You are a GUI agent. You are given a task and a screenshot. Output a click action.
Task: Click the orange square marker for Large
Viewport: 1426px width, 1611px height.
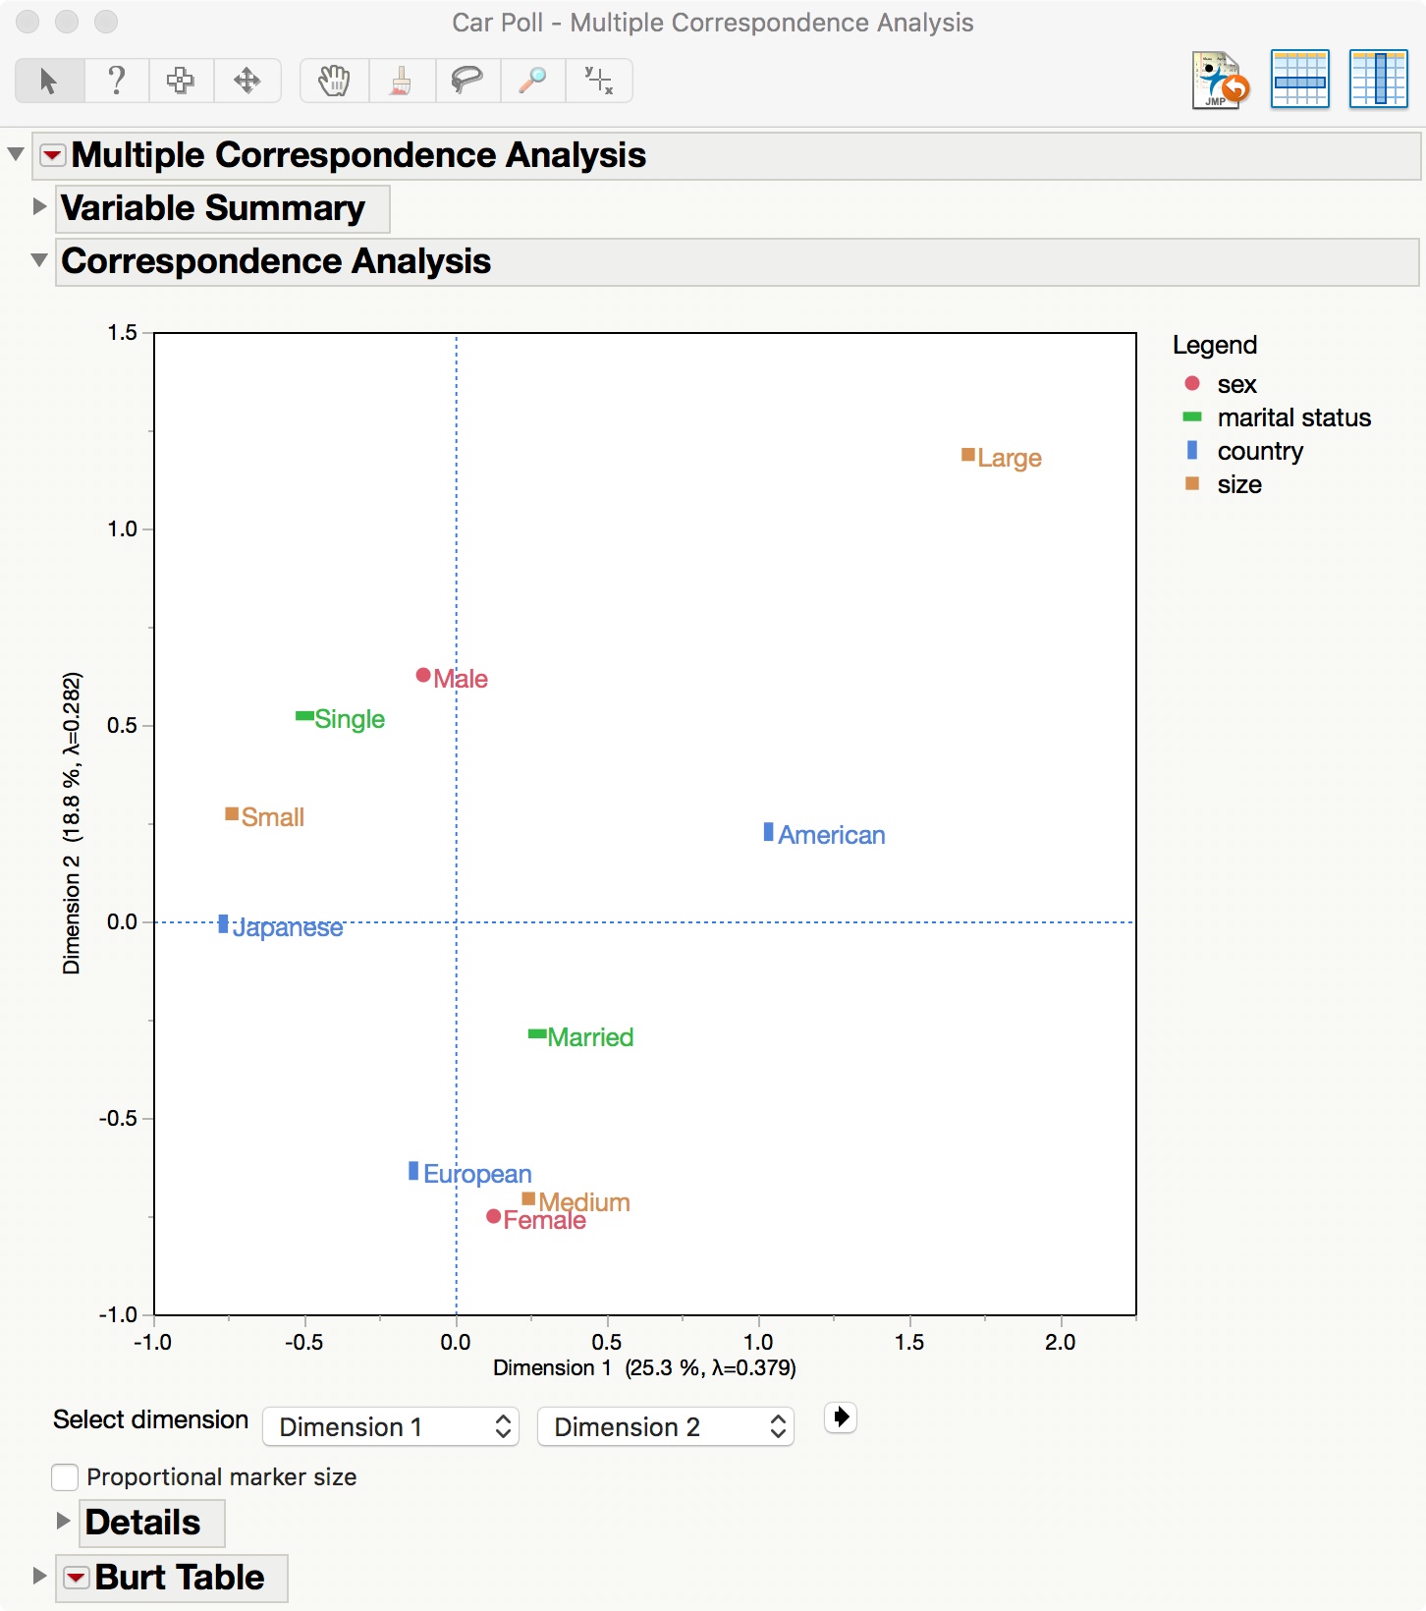point(967,455)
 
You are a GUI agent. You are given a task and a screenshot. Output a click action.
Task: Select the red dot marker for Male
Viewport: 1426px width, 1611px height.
point(423,675)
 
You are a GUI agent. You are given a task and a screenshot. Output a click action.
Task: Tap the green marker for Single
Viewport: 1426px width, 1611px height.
point(304,716)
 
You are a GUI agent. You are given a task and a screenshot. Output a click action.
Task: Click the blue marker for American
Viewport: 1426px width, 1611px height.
point(768,832)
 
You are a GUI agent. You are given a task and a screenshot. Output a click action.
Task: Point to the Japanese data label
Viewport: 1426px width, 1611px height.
point(288,928)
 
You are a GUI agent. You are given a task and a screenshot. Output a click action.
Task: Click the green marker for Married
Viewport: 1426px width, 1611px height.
point(537,1033)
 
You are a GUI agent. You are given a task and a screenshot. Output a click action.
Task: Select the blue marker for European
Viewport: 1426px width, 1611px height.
point(413,1171)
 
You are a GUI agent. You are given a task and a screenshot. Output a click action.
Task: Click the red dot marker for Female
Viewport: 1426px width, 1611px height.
point(494,1216)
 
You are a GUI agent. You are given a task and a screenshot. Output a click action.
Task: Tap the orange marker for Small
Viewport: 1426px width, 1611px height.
point(232,813)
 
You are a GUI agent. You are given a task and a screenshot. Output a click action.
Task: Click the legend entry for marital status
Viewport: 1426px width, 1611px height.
point(1293,417)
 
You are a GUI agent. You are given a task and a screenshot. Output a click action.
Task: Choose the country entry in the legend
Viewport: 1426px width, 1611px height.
point(1259,451)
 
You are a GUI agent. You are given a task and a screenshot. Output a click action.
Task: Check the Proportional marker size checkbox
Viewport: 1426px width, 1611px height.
point(65,1477)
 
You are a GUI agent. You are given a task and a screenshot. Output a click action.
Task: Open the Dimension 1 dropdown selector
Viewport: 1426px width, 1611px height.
point(390,1426)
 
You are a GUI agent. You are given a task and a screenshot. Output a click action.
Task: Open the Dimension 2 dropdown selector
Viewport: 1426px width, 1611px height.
point(665,1426)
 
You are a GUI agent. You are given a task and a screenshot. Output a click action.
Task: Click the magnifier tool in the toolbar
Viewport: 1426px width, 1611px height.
point(532,80)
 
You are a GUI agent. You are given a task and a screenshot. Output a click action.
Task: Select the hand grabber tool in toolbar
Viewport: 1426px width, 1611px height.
point(334,80)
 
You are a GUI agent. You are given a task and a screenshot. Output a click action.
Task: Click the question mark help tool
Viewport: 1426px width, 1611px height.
point(116,80)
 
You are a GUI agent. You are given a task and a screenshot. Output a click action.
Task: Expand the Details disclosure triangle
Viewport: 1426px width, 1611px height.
point(64,1521)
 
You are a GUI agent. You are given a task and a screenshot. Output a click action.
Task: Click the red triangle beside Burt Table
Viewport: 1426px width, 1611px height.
point(76,1578)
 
